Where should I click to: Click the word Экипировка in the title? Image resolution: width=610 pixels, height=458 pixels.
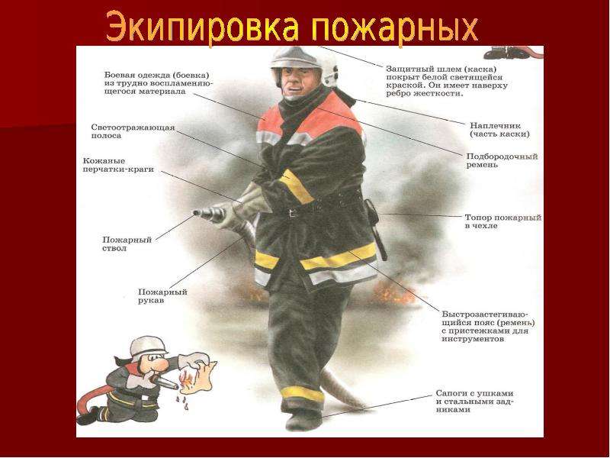202,27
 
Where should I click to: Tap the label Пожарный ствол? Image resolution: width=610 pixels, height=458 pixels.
127,244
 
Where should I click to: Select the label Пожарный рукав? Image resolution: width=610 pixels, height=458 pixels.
162,296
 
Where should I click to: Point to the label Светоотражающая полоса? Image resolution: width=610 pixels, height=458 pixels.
133,131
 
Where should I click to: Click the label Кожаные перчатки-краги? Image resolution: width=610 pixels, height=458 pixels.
118,165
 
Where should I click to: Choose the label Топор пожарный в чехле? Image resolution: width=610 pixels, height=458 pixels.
503,221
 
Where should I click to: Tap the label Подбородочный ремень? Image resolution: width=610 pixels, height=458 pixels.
502,160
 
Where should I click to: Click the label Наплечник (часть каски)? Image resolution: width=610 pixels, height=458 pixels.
499,130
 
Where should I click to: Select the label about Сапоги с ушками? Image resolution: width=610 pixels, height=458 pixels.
474,402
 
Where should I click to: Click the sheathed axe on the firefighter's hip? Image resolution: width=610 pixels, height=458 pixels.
375,229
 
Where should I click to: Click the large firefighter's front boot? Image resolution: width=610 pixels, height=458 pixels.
303,418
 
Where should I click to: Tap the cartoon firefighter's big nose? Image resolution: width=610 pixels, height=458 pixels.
160,365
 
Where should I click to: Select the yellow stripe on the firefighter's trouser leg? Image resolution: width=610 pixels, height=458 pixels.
302,394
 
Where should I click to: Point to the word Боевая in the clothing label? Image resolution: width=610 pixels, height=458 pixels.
118,75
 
